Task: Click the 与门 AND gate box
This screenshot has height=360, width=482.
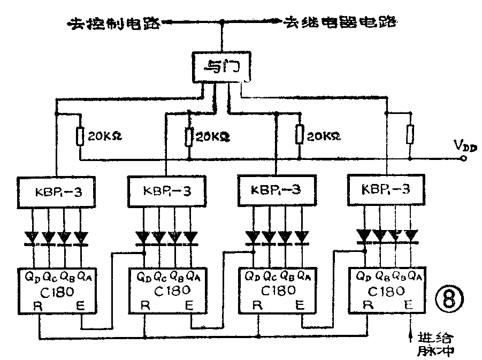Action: click(x=218, y=68)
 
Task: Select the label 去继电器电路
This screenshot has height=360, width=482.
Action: click(x=340, y=22)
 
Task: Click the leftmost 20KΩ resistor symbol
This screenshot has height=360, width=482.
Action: click(x=80, y=136)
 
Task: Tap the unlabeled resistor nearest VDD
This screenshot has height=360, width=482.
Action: click(x=410, y=134)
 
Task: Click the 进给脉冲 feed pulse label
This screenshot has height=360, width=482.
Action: click(x=435, y=344)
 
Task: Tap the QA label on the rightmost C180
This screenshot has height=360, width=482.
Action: click(x=413, y=277)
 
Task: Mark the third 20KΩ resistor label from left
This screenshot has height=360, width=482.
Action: click(x=323, y=136)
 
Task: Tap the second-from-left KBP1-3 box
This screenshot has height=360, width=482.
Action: click(x=166, y=192)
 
